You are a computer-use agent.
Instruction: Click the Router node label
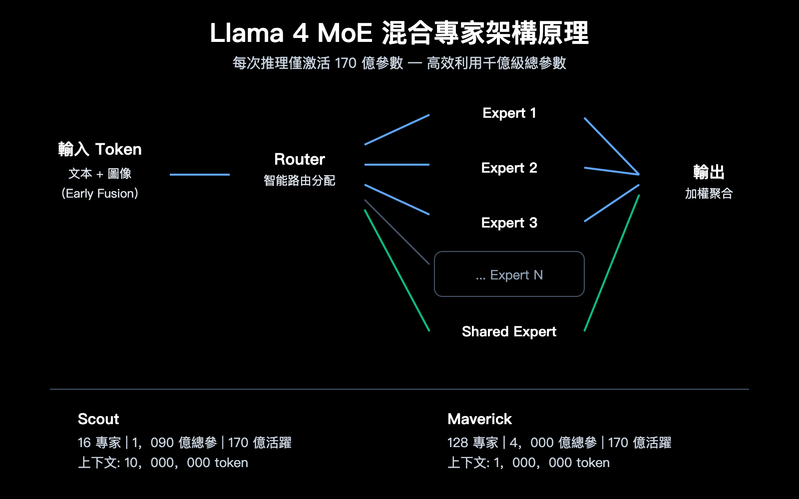point(300,160)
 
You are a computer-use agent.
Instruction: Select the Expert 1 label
point(509,113)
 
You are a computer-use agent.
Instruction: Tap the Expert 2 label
point(509,168)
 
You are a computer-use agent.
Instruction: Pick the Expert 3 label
point(509,223)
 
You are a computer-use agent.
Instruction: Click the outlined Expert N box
point(509,274)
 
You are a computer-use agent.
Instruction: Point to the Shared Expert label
point(509,332)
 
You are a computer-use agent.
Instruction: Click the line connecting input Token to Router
point(200,175)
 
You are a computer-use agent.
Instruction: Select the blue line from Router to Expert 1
point(397,130)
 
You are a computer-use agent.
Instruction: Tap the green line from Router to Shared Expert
point(397,270)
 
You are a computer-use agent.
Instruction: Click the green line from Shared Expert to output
point(612,263)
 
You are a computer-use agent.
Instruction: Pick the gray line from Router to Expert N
point(397,232)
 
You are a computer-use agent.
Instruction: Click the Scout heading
point(98,419)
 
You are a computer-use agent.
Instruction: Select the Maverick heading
point(479,419)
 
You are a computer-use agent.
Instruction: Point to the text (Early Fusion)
point(100,194)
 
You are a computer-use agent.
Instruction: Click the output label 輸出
point(709,172)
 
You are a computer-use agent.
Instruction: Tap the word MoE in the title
point(345,33)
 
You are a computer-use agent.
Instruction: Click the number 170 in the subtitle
point(346,63)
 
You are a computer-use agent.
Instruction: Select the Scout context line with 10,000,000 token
point(163,463)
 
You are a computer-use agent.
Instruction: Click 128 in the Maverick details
point(457,443)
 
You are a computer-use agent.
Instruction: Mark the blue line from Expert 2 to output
point(612,171)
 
